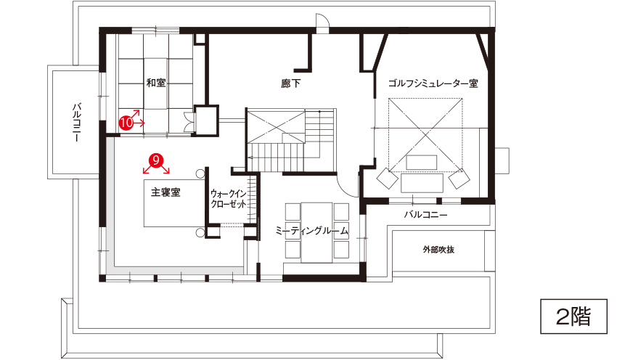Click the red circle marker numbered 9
[x=156, y=160]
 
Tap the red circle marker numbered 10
[x=126, y=123]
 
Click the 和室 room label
[x=156, y=83]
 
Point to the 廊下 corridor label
[x=291, y=83]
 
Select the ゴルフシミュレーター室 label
[x=433, y=83]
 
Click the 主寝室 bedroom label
[x=166, y=192]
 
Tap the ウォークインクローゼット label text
[x=228, y=199]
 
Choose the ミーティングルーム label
[x=311, y=231]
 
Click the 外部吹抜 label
[x=438, y=250]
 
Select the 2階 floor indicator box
[x=573, y=316]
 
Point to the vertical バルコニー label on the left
[x=77, y=123]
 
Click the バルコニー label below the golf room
[x=426, y=215]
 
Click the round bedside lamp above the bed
[x=200, y=173]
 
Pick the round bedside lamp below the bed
[x=200, y=232]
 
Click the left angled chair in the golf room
[x=388, y=179]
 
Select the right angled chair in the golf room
[x=459, y=179]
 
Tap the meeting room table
[x=316, y=232]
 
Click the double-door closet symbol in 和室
[x=189, y=122]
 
